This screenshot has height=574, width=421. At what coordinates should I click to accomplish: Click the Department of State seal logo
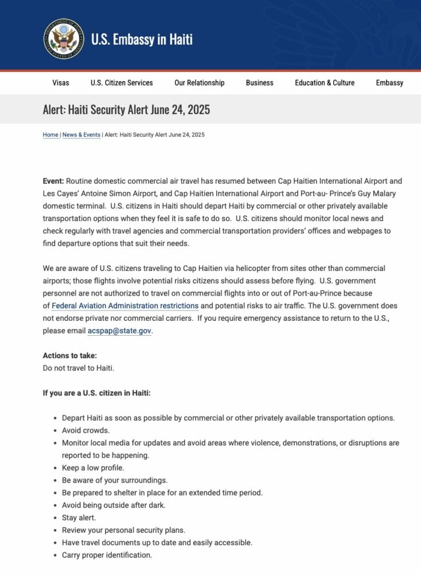[64, 39]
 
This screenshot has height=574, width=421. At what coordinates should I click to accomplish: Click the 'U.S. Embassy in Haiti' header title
[142, 39]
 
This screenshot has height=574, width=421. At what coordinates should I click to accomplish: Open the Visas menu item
[61, 83]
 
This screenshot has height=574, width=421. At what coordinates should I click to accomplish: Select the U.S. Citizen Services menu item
[122, 83]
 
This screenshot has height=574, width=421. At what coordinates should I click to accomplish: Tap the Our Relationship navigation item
[200, 83]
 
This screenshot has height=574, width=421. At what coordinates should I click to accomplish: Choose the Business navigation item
[260, 83]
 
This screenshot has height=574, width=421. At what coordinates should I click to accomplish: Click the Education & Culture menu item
[325, 83]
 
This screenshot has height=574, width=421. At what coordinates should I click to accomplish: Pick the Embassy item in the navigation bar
[389, 83]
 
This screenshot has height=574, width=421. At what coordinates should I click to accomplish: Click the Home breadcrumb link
[50, 135]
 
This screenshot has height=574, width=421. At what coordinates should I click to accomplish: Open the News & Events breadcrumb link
[81, 135]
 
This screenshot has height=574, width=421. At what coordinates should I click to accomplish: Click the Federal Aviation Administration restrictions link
[125, 306]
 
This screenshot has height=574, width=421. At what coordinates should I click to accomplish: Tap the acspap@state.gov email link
[119, 331]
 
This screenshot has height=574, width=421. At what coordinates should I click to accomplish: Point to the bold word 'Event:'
[53, 181]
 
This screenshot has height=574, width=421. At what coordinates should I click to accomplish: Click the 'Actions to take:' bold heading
[70, 356]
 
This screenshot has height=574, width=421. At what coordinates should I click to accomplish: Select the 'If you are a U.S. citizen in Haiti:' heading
[96, 393]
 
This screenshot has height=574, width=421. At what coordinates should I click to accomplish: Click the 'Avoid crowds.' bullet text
[85, 430]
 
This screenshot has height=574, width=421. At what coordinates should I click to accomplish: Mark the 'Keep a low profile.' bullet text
[93, 468]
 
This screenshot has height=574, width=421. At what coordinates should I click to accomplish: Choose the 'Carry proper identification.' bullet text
[107, 555]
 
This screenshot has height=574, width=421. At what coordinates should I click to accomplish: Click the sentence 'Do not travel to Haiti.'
[83, 368]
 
